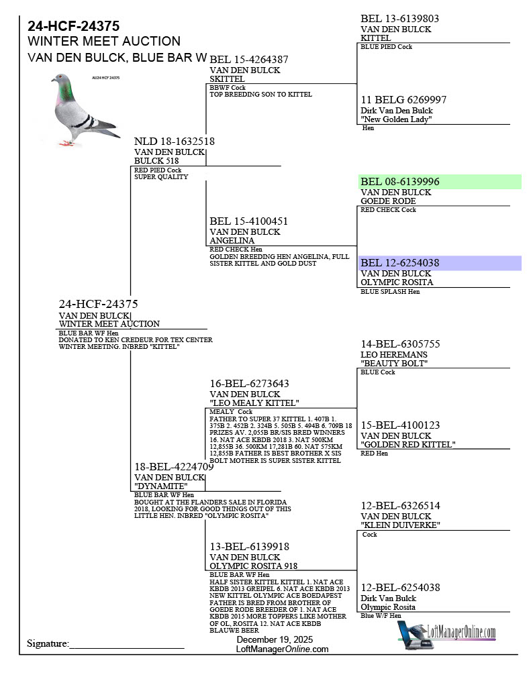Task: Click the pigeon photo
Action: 84,111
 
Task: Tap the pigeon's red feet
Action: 65,143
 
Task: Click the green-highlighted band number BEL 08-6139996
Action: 400,181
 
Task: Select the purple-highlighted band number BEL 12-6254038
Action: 400,263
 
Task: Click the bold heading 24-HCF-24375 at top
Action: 74,26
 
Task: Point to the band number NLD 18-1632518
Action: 175,142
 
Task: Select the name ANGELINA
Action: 232,241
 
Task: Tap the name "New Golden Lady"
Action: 396,119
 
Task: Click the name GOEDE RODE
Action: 389,201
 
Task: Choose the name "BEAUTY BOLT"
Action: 395,364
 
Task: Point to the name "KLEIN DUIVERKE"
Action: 400,525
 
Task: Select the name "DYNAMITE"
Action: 161,486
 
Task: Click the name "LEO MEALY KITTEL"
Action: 254,403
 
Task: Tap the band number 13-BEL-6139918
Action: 250,547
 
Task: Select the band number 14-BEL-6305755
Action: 401,344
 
